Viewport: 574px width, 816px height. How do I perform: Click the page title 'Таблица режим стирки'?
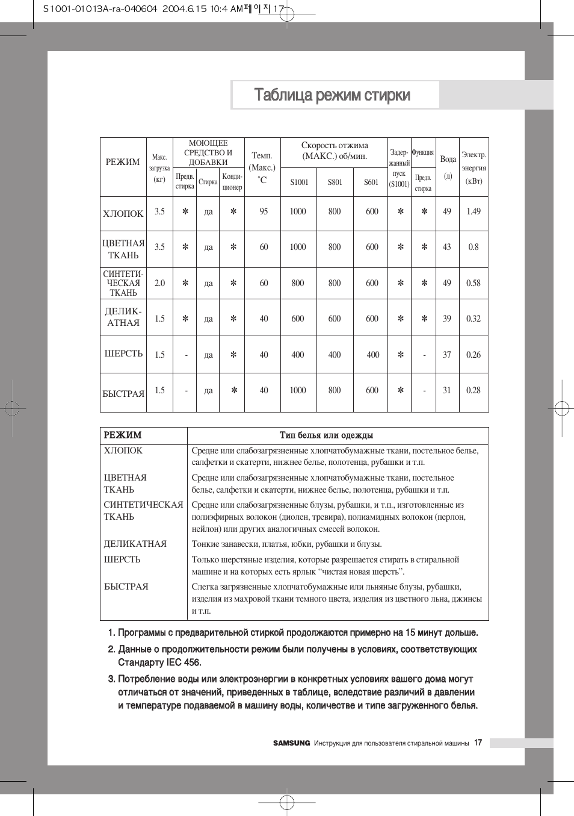332,95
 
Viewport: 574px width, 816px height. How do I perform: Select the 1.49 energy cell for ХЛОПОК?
474,211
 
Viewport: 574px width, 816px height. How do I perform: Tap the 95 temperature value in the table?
264,211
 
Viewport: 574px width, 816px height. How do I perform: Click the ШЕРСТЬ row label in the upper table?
123,353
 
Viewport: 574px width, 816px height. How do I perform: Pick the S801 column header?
335,182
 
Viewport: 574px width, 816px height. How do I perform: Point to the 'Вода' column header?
448,159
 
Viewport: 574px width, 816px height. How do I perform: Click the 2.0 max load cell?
159,283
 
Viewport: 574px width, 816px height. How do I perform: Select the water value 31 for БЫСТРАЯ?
447,390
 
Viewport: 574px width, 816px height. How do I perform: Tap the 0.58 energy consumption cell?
474,283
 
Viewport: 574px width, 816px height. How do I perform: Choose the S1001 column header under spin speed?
299,182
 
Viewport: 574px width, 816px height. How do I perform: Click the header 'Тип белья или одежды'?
326,435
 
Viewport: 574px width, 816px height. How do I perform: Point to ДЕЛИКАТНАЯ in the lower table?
135,544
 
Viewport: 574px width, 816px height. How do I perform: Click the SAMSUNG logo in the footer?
292,743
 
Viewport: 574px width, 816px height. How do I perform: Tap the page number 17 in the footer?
478,743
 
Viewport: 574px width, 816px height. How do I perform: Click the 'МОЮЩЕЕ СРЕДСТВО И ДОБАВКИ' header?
208,153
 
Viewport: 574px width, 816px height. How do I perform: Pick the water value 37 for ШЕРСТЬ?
447,355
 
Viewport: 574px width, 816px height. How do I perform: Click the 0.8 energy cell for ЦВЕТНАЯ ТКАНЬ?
474,247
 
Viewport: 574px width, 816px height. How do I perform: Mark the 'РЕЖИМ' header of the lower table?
123,435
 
